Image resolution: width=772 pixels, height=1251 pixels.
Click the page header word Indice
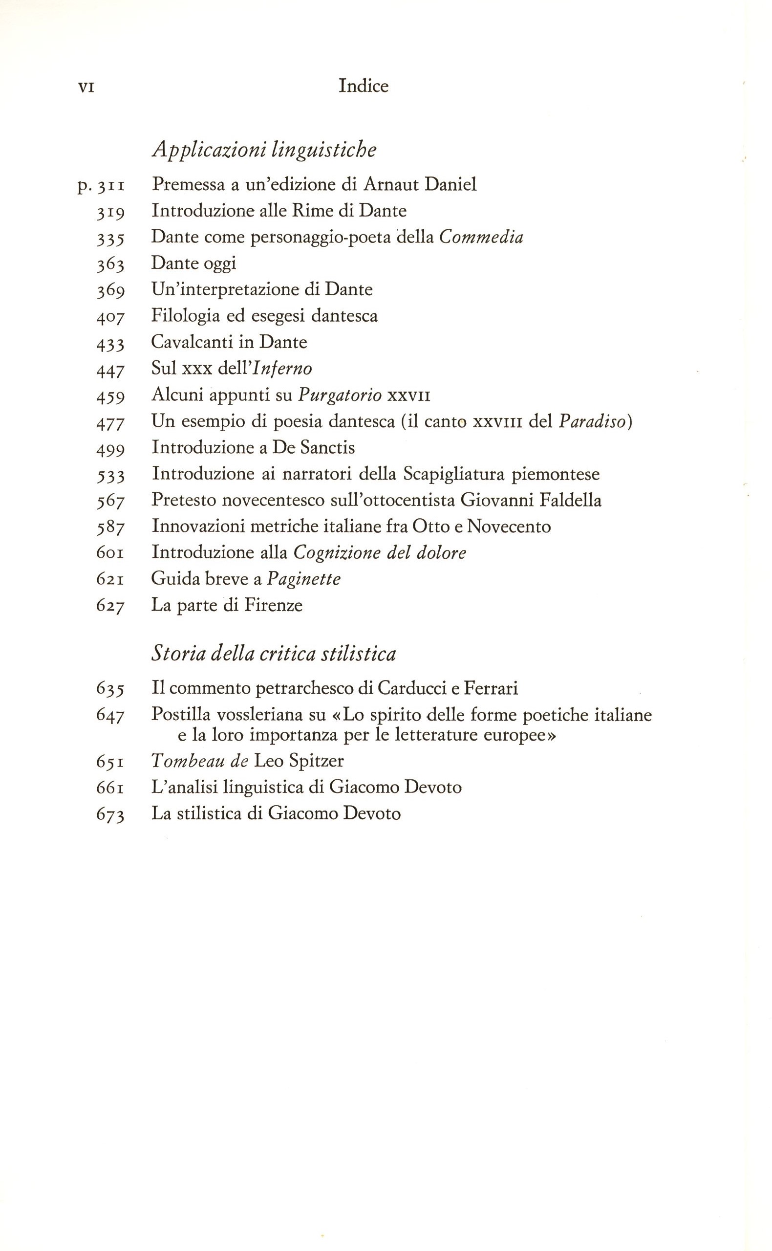(363, 86)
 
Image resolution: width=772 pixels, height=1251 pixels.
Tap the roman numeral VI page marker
(86, 88)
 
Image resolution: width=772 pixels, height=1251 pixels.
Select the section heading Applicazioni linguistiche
(264, 149)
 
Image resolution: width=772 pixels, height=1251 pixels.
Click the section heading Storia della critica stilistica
(274, 654)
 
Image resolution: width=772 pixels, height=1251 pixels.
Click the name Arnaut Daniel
(420, 184)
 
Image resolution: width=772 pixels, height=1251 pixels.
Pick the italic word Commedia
(481, 237)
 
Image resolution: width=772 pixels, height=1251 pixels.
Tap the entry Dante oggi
(193, 263)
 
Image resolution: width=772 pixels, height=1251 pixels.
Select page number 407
(110, 317)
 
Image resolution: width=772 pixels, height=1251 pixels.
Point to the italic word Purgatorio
(340, 395)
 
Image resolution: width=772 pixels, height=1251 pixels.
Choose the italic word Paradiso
(592, 421)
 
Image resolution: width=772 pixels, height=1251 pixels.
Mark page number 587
(110, 527)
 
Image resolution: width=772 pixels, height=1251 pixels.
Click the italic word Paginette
(304, 579)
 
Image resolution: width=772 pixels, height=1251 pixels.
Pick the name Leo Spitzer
(299, 761)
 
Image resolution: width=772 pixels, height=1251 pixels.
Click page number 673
(110, 814)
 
